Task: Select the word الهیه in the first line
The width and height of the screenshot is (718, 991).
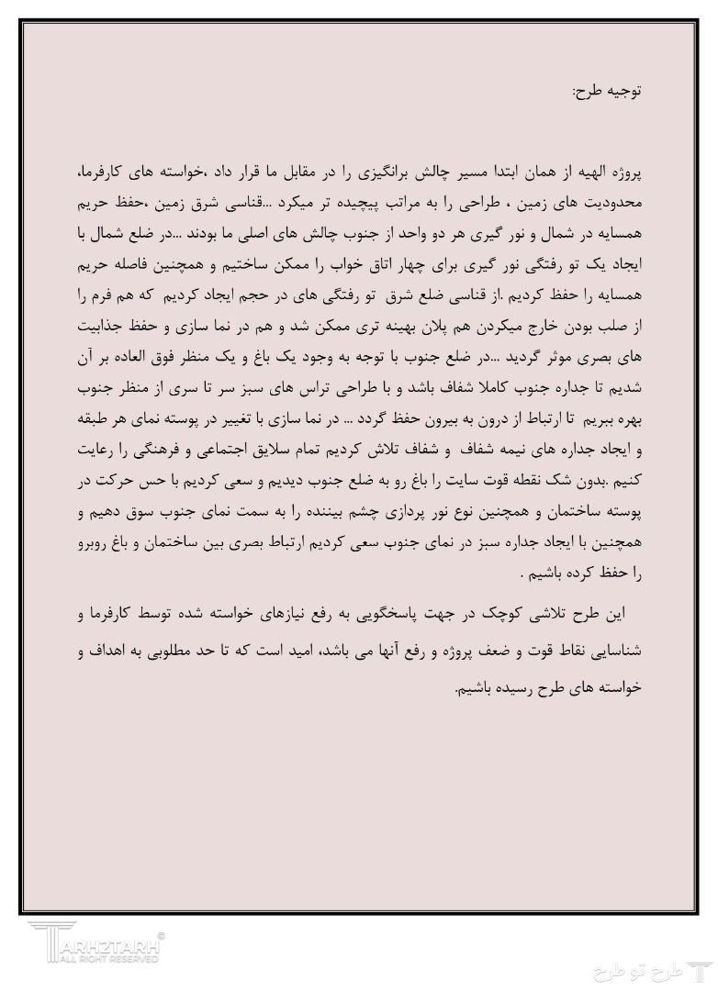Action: [586, 173]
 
